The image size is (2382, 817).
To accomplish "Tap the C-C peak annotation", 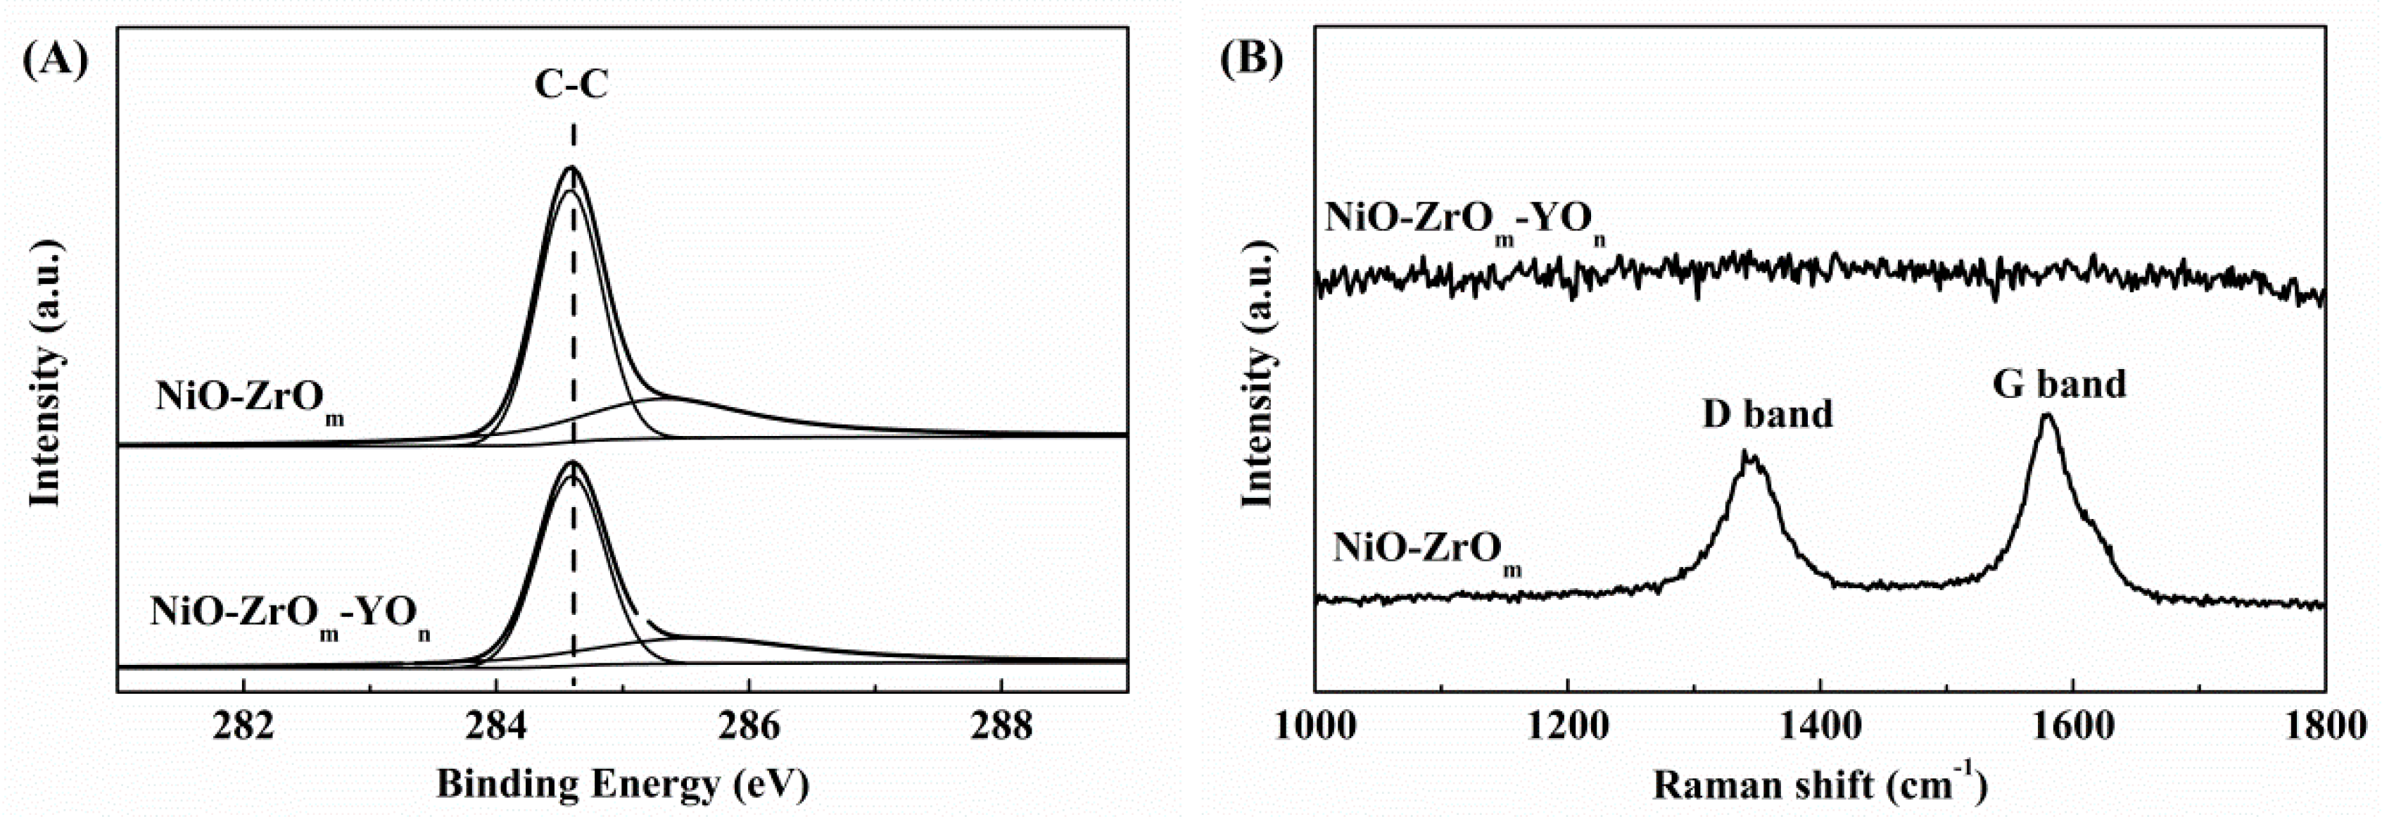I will coord(571,86).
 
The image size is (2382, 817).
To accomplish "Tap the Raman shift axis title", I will coord(1819,784).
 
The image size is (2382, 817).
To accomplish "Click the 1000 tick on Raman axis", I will coord(1315,728).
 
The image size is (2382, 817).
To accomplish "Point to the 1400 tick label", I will coord(1820,728).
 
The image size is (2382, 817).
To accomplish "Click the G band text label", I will coord(2058,384).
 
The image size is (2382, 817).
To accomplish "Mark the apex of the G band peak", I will coord(2046,416).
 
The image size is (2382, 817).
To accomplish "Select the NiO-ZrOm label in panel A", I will coord(250,400).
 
